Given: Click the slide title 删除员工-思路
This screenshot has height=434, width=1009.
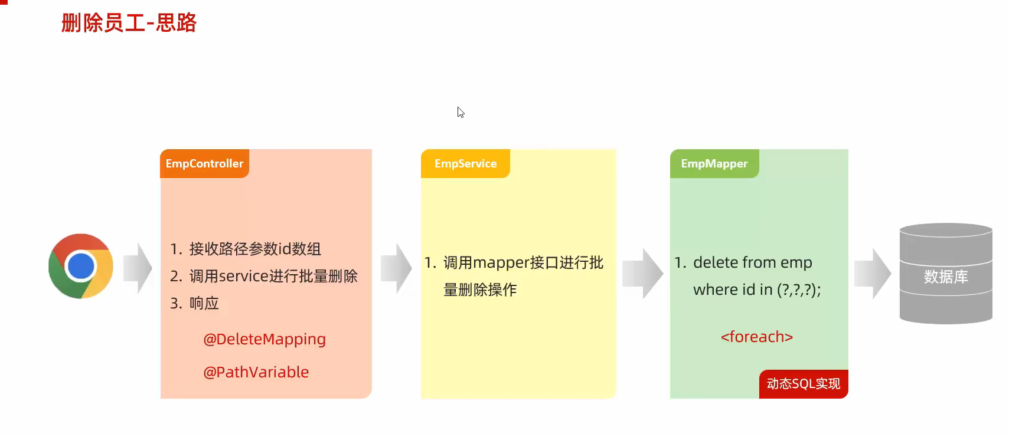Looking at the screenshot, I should [129, 23].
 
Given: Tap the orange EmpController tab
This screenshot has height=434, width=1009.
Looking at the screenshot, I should [204, 163].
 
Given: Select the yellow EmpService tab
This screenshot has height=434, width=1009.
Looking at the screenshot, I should [465, 163].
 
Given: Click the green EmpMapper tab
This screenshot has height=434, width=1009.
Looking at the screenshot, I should [714, 163].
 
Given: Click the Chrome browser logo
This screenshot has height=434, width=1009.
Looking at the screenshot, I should [81, 266].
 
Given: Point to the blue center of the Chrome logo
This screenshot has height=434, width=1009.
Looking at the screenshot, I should [81, 266].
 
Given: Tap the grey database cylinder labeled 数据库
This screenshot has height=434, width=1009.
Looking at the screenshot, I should [945, 274].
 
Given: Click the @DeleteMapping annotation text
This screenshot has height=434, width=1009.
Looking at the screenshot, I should [265, 339].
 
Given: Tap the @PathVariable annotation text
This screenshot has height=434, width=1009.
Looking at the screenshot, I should [256, 372].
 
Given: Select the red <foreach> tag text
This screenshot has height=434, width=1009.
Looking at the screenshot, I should [756, 337].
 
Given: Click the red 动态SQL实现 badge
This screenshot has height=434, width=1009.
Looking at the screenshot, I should [803, 384].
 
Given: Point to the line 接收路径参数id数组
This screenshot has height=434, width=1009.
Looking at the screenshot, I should [255, 249].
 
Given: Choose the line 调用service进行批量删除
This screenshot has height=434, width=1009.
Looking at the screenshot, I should [273, 276].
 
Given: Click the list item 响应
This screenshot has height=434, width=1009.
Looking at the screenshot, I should [204, 303].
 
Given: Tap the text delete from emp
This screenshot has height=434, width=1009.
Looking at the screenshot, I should [752, 262].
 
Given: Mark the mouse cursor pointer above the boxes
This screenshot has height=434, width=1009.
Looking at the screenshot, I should [460, 111].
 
